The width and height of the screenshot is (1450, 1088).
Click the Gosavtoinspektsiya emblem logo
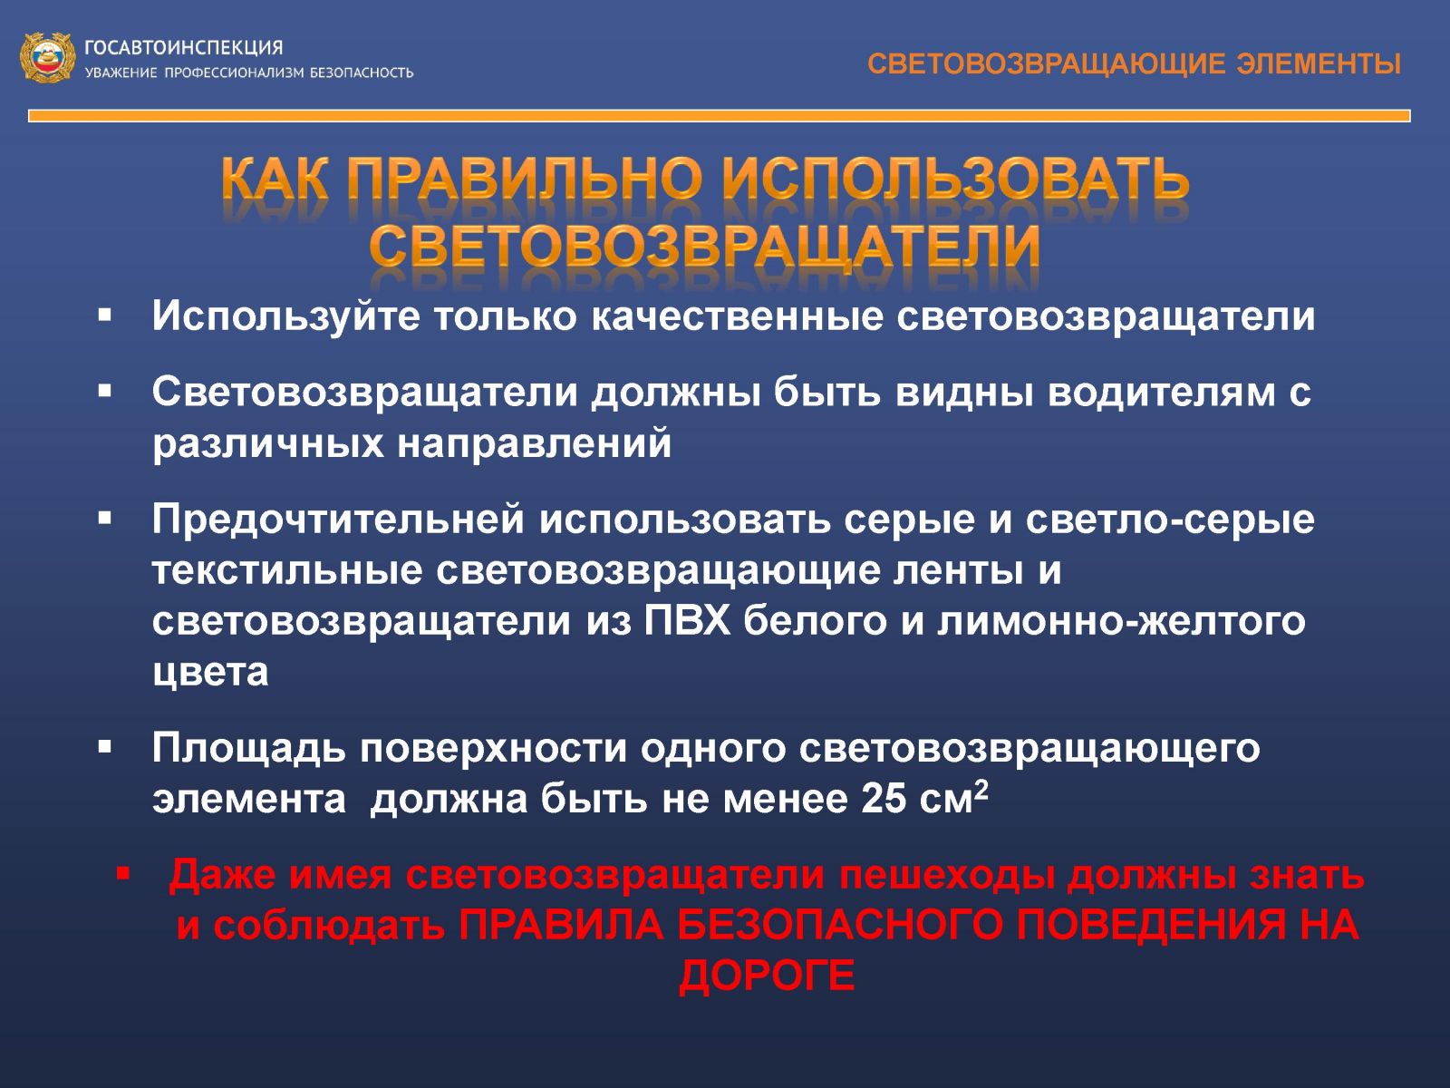tap(47, 57)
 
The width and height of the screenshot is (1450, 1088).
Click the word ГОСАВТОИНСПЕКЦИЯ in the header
tap(184, 48)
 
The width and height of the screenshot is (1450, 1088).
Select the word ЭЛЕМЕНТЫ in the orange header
tap(1319, 64)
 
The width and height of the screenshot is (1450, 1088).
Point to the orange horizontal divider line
tap(720, 116)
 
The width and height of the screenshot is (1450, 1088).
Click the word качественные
tap(737, 316)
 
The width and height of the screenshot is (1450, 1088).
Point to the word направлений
tap(534, 443)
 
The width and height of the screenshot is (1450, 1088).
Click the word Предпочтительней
tap(338, 520)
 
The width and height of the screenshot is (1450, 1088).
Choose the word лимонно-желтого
tap(1121, 621)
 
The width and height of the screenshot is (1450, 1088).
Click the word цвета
tap(210, 673)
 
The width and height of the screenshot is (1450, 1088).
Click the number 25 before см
tap(884, 800)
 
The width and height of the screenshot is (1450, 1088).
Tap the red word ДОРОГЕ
tap(767, 976)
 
